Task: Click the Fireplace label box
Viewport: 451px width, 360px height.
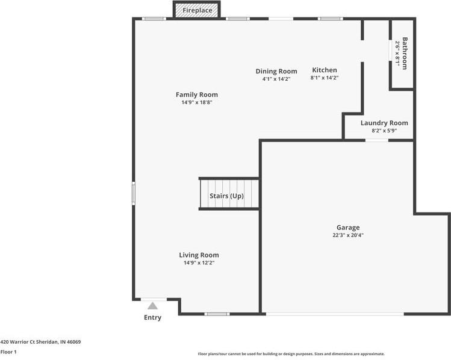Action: click(197, 10)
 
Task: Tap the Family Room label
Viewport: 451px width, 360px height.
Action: click(197, 95)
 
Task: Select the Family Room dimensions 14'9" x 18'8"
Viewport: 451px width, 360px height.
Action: click(197, 102)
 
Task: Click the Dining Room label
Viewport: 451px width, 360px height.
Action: click(276, 71)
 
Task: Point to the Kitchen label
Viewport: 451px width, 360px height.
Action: click(325, 70)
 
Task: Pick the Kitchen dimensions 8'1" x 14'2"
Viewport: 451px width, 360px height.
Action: click(325, 78)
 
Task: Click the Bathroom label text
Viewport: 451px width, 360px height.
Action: click(405, 53)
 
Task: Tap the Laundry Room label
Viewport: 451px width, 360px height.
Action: click(384, 123)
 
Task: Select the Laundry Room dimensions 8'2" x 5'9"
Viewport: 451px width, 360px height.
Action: click(384, 131)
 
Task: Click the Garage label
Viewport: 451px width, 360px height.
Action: click(348, 228)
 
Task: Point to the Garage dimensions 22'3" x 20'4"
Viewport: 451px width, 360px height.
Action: click(348, 235)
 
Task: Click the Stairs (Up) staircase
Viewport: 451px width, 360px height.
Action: click(229, 194)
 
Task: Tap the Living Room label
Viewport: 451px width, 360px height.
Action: click(199, 255)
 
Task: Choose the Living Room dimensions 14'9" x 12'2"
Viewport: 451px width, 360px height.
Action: click(199, 262)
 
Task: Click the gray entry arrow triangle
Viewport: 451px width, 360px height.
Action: click(153, 306)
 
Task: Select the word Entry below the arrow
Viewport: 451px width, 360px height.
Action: click(153, 317)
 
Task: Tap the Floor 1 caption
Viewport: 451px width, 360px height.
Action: click(8, 352)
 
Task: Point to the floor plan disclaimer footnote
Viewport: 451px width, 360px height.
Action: click(291, 354)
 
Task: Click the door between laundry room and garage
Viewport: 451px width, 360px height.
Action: click(377, 140)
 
